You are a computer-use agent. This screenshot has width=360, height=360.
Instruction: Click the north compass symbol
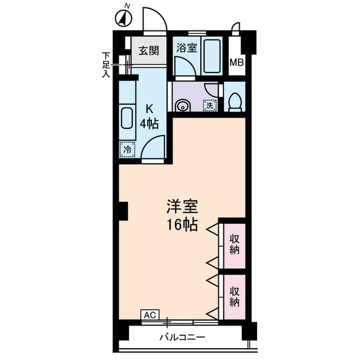[x=124, y=17]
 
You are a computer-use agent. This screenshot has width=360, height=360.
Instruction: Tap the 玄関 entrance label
[x=148, y=51]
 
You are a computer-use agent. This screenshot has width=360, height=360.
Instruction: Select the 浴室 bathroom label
[x=186, y=47]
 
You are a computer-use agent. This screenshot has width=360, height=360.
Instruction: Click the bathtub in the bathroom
[x=211, y=56]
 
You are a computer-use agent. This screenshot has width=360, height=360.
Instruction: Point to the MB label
[x=236, y=62]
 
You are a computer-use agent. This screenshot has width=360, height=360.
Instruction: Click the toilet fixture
[x=235, y=101]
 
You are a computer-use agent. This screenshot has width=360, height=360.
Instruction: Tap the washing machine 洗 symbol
[x=209, y=105]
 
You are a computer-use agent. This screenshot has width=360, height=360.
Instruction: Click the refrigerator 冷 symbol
[x=128, y=150]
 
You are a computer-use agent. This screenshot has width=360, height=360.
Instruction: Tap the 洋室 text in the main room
[x=181, y=206]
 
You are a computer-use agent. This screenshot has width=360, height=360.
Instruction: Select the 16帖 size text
[x=181, y=225]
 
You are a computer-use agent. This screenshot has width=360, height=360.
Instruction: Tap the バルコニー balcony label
[x=181, y=337]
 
